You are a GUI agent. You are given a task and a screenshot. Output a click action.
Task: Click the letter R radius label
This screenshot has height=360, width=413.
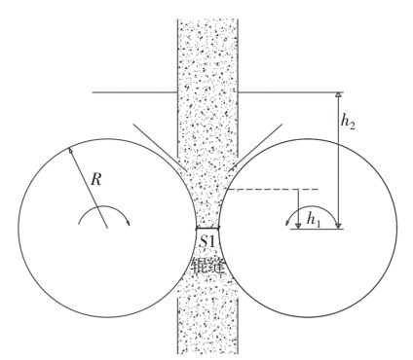point(96,179)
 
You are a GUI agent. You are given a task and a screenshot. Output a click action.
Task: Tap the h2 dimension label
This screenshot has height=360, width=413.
point(348,122)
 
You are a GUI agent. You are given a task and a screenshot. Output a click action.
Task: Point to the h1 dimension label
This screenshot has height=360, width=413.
point(314,220)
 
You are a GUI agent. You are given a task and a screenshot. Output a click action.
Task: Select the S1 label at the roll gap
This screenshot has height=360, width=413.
point(206,241)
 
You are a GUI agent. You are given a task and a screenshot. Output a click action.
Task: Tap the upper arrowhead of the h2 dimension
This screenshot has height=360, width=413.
point(338,94)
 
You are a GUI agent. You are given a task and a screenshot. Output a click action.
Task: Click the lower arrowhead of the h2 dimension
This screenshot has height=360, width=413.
point(338,226)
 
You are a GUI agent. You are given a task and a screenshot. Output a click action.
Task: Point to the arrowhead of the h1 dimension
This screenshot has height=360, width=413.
point(298,226)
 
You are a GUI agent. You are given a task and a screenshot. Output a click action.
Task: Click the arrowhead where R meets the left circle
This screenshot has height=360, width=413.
point(70,150)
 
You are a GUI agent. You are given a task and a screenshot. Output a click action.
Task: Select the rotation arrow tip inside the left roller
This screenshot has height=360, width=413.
point(129,223)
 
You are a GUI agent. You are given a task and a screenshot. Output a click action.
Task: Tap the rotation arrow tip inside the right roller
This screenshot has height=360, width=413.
point(287,223)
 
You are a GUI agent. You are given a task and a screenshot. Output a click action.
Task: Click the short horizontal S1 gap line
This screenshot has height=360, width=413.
point(207,229)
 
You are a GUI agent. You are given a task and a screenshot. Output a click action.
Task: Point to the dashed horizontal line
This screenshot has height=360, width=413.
point(273,189)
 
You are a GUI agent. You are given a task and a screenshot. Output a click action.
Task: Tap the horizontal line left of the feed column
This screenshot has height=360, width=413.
point(134,92)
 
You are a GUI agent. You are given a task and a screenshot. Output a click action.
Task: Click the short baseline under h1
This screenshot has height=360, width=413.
point(317,229)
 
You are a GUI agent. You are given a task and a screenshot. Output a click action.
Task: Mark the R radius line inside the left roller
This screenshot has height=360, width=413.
point(88,188)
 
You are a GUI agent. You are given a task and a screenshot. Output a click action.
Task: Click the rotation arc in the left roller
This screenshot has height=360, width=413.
point(104,206)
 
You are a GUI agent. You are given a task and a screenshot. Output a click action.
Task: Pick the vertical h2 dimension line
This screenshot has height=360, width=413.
point(338,161)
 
